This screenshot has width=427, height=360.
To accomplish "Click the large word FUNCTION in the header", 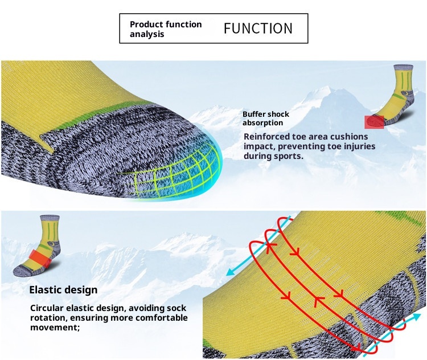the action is [x=258, y=28].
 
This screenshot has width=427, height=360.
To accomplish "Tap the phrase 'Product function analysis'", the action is [x=166, y=29].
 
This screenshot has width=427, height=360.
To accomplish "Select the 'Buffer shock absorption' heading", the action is [x=266, y=118].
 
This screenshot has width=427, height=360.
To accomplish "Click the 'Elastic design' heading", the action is [x=63, y=290].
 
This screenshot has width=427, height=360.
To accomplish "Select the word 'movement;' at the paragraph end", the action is [x=55, y=327].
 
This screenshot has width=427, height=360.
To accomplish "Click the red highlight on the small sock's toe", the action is [x=374, y=122].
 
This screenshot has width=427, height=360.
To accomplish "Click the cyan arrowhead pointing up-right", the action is [x=416, y=317].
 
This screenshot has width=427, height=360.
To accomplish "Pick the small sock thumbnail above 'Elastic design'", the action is [x=37, y=246].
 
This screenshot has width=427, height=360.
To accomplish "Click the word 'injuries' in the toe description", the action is [x=358, y=146].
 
